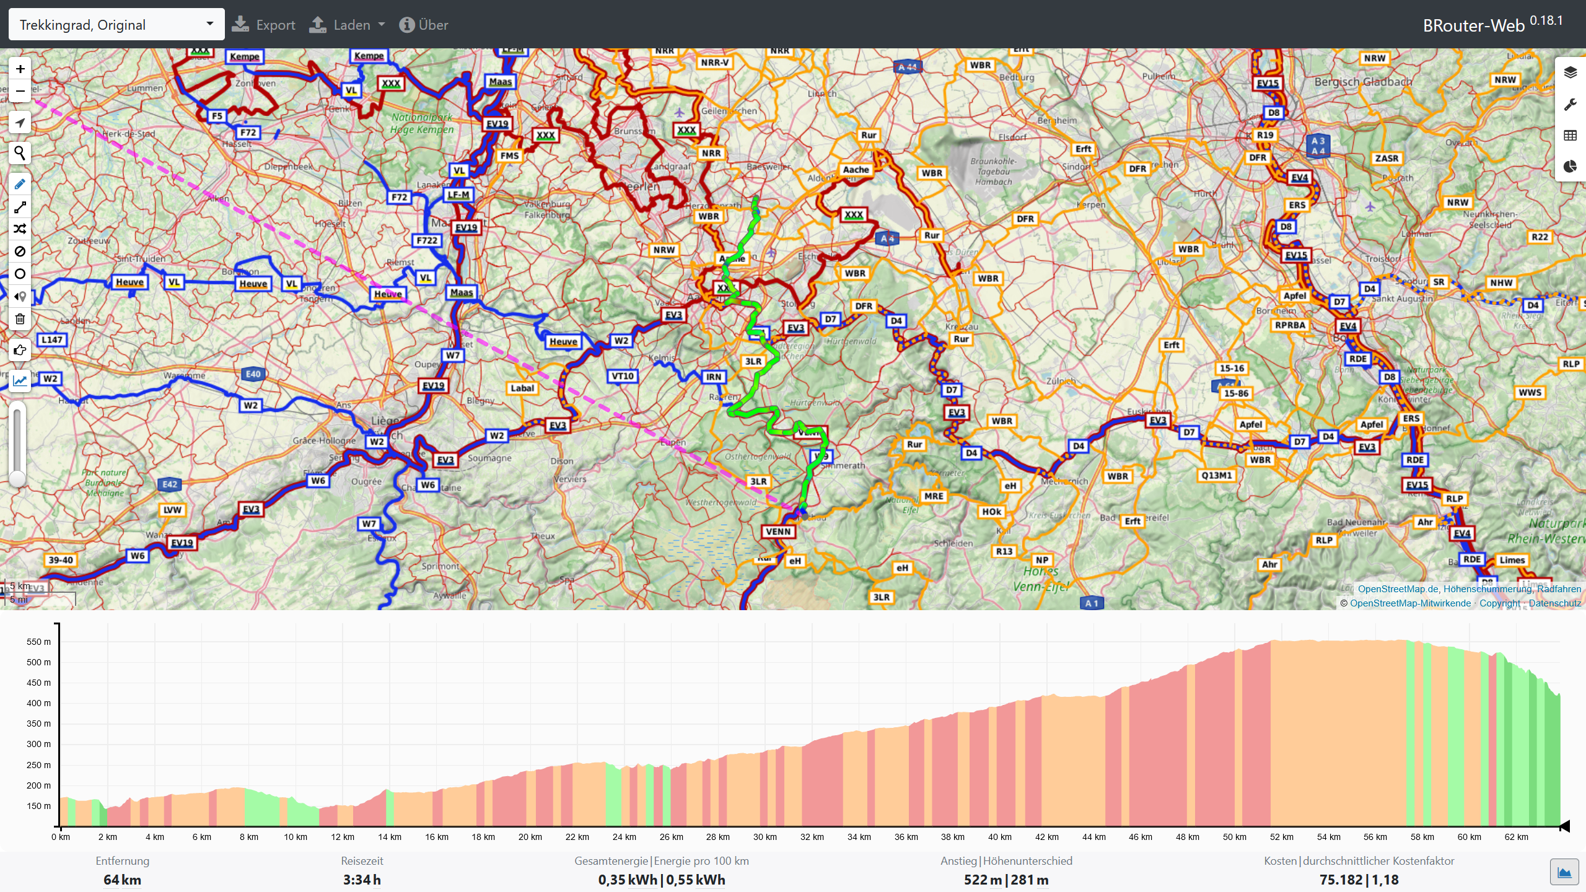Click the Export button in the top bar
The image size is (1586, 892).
[x=263, y=25]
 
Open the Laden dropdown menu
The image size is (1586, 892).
[x=347, y=25]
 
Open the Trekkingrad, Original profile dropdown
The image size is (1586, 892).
[x=116, y=25]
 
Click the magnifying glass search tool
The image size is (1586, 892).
[x=20, y=152]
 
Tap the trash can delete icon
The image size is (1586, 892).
[x=20, y=319]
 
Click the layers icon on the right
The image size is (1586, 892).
[x=1570, y=72]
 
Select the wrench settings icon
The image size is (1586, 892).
[x=1570, y=104]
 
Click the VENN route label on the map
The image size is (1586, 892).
[x=778, y=531]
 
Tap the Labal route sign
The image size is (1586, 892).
[x=522, y=388]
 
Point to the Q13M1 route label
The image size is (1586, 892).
[x=1216, y=476]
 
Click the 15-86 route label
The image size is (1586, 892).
[x=1236, y=393]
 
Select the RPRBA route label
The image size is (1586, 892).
[x=1290, y=325]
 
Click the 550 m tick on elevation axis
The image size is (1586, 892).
[x=38, y=642]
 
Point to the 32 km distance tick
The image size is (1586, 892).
[x=812, y=837]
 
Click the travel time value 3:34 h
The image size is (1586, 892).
[x=362, y=880]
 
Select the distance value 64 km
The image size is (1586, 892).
[x=122, y=880]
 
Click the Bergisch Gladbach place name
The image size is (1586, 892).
[x=1363, y=82]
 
